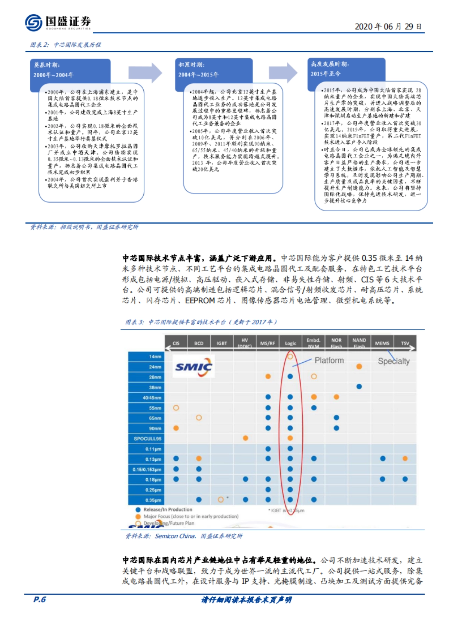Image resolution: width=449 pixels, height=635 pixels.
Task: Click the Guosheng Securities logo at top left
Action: pyautogui.click(x=58, y=22)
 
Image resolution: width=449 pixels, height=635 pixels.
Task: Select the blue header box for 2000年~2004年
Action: pyautogui.click(x=70, y=70)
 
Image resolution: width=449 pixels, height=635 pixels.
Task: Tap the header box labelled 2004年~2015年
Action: pyautogui.click(x=214, y=70)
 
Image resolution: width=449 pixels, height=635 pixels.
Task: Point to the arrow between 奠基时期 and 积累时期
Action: pyautogui.click(x=145, y=73)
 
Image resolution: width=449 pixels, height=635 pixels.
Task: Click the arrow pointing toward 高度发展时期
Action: pyautogui.click(x=283, y=73)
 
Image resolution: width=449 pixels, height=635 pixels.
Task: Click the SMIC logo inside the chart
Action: pyautogui.click(x=193, y=366)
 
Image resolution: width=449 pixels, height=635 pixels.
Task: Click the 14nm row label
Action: pyautogui.click(x=146, y=357)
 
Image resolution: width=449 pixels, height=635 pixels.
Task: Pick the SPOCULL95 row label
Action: pyautogui.click(x=146, y=439)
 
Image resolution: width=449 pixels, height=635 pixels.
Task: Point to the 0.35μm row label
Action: pyautogui.click(x=146, y=500)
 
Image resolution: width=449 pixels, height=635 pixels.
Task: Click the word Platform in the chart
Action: pyautogui.click(x=329, y=361)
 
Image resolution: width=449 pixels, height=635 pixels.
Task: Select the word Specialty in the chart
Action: pyautogui.click(x=394, y=361)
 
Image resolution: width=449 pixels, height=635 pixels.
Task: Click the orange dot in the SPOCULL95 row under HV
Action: pyautogui.click(x=245, y=438)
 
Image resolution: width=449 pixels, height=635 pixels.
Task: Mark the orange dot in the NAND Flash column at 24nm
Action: pyautogui.click(x=359, y=366)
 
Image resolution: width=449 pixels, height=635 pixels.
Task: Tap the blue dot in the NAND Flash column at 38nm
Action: pyautogui.click(x=359, y=387)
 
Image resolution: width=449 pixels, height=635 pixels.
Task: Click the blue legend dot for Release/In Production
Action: pyautogui.click(x=138, y=510)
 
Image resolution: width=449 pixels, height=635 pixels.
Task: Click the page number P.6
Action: pyautogui.click(x=40, y=599)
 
